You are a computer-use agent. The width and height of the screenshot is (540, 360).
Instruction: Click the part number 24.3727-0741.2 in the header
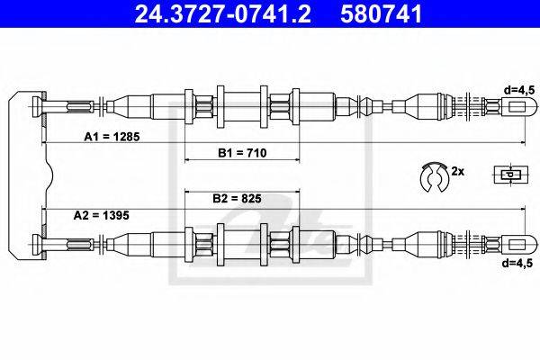tap(223, 13)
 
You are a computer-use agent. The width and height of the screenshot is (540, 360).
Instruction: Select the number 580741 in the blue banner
tap(382, 13)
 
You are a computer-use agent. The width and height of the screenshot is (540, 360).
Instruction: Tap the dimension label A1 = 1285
tap(112, 137)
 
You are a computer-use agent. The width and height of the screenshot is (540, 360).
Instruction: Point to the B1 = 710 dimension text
tap(242, 153)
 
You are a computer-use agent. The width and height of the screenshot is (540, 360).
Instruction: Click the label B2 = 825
tap(237, 198)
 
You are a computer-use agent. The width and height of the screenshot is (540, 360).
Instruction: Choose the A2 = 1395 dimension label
tap(101, 215)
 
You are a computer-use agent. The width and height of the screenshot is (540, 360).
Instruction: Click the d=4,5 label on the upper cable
tap(519, 90)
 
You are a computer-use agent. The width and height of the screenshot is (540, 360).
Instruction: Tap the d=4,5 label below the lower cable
tap(517, 263)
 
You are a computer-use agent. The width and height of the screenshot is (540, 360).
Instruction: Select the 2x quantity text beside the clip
tap(458, 171)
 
